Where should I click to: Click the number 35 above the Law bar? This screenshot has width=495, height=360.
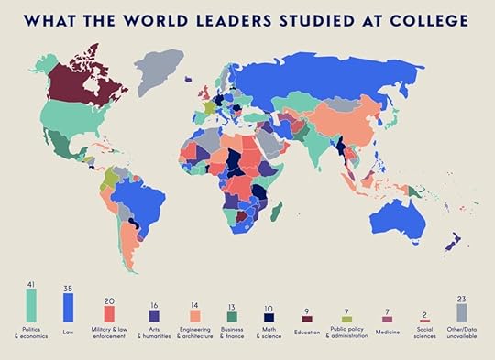69,289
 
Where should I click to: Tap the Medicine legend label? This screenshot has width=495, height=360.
384,332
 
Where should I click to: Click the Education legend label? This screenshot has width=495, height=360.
306,332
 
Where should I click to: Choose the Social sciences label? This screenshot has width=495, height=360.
423,334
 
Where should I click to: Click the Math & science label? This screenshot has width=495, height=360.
267,334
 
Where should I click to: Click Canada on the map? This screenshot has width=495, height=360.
82,87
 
